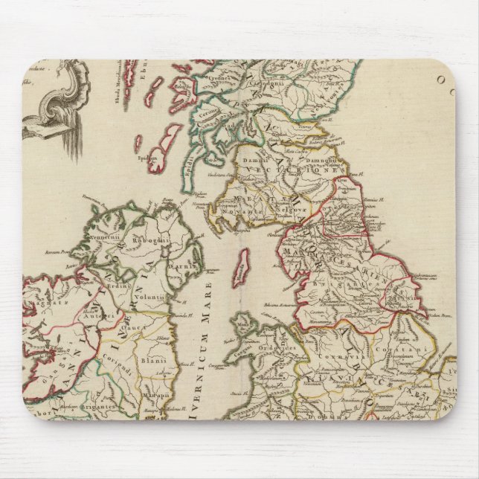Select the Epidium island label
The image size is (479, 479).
[147, 158]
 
